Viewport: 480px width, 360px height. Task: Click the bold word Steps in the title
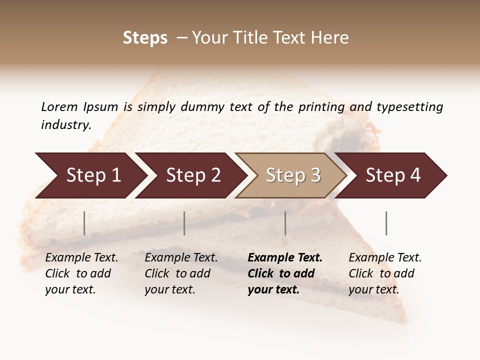tap(145, 38)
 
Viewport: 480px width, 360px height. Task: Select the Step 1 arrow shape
tap(90, 175)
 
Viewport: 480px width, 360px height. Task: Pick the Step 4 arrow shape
tap(392, 175)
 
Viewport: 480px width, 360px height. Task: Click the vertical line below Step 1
tap(84, 223)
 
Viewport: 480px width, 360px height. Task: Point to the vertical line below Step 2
tap(184, 223)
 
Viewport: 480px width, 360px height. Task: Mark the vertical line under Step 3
tap(285, 223)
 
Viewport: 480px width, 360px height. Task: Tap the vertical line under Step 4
tap(386, 223)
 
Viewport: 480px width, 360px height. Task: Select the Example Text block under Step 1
tap(81, 273)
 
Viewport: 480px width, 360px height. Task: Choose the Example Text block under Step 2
tap(181, 273)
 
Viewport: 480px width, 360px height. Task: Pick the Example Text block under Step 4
tap(385, 273)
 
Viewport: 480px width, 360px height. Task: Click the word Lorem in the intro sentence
tap(59, 107)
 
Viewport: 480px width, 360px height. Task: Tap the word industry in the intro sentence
tap(65, 125)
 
